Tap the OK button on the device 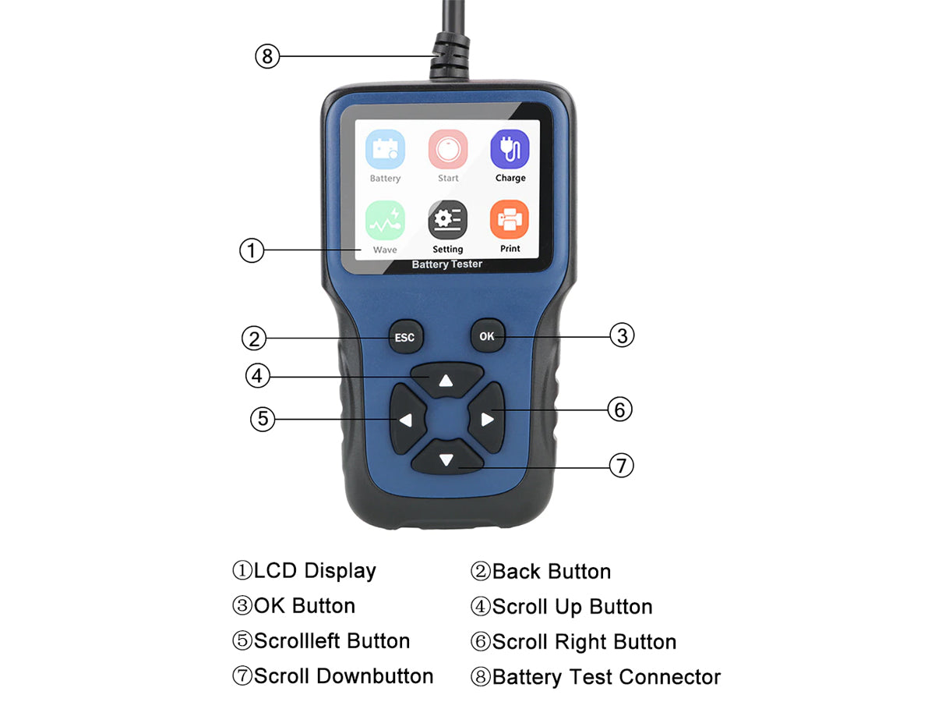[487, 335]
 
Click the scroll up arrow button [446, 379]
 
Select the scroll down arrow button [446, 457]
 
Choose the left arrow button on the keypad [408, 419]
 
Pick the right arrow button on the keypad [486, 418]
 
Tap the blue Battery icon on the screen [385, 149]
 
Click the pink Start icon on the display [448, 149]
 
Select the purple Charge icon [510, 149]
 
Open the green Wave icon [385, 221]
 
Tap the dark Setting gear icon [447, 220]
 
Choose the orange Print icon [509, 219]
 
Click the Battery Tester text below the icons [446, 264]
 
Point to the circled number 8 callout [267, 56]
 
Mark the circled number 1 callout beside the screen [252, 250]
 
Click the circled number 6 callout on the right [619, 409]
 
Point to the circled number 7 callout [621, 465]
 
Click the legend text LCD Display [315, 572]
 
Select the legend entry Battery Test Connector [606, 677]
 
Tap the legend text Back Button [552, 572]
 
